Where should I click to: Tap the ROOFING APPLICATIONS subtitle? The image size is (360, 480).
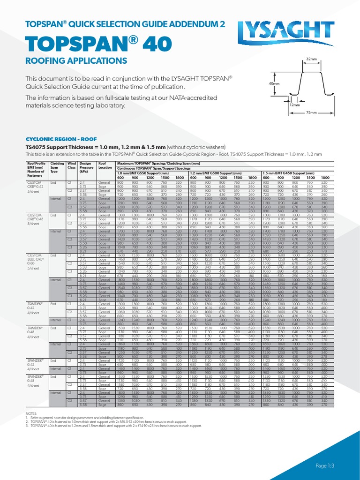click(73, 61)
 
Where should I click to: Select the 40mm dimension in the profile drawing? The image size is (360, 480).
click(274, 83)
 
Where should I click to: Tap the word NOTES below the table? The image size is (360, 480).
click(32, 412)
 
